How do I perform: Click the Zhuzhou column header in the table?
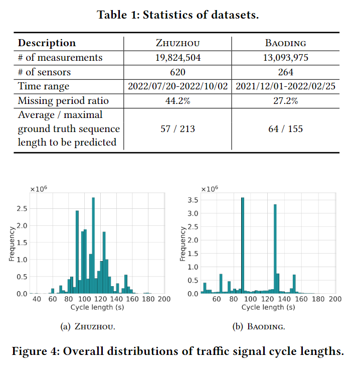178,43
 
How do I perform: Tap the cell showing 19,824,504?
178,57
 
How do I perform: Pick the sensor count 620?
178,72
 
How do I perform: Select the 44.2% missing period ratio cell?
178,101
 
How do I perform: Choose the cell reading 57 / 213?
178,129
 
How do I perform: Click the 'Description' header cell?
47,43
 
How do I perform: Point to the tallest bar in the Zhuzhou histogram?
93,246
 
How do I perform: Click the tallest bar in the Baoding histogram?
242,246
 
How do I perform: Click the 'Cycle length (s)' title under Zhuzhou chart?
97,307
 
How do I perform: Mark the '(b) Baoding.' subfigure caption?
259,327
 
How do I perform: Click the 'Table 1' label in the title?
117,15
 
